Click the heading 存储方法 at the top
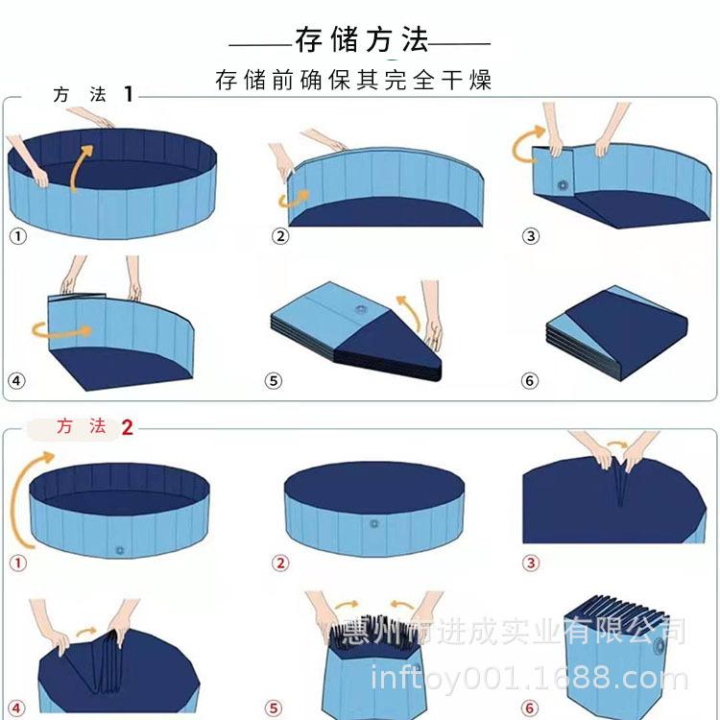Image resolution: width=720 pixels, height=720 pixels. [361, 40]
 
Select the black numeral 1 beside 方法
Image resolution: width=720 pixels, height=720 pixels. [129, 94]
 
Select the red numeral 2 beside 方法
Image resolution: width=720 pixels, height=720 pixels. [127, 427]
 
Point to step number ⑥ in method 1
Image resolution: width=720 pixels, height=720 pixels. [530, 381]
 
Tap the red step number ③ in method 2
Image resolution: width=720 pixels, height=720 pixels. [530, 564]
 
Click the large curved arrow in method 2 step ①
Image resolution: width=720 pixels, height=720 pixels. [29, 499]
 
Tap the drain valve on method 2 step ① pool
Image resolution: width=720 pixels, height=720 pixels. [120, 550]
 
